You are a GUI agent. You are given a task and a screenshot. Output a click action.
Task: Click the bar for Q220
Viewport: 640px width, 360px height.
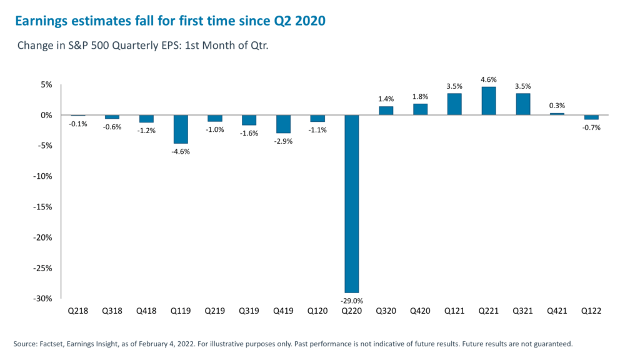point(352,204)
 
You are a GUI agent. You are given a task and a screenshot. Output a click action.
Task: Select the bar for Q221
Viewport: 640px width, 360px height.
point(489,101)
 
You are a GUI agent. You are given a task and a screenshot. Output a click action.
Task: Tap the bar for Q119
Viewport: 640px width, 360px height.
point(181,129)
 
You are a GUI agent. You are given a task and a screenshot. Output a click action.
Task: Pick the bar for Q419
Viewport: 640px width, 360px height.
point(283,124)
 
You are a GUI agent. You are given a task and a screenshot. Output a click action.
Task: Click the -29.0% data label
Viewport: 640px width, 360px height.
point(352,301)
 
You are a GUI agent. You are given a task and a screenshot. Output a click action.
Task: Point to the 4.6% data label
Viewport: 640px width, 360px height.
point(489,79)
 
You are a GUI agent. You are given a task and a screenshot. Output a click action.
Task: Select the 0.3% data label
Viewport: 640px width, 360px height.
point(557,106)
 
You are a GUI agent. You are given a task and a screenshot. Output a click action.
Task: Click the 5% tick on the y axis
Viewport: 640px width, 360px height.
point(47,85)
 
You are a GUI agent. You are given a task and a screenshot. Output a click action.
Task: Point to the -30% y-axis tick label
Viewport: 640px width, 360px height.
point(42,299)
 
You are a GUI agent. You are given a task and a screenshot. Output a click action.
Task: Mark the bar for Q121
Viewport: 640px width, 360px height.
point(454,104)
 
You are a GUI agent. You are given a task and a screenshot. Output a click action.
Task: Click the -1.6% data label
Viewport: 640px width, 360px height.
point(249,133)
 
